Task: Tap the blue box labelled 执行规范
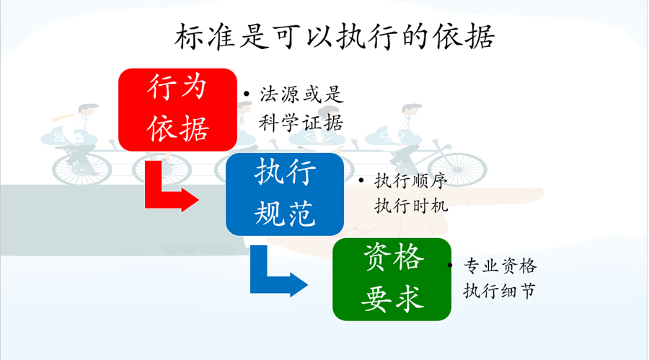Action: pos(285,194)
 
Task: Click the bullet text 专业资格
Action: pos(500,265)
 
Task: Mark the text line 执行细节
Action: pos(500,291)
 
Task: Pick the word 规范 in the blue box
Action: pos(285,213)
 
